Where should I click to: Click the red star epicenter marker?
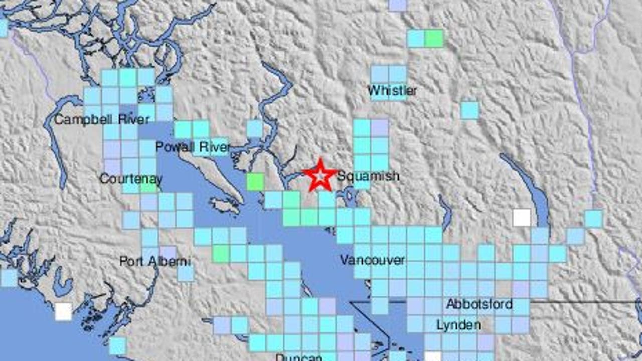point(319,175)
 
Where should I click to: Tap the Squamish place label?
point(368,176)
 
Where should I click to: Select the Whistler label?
point(392,91)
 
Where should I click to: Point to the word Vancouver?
point(372,260)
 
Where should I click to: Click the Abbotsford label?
point(479,304)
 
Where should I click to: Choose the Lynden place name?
point(458,325)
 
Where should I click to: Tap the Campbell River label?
point(101,119)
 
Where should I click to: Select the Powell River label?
point(193,147)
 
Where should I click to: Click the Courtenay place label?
point(130,178)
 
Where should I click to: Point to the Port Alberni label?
point(148,261)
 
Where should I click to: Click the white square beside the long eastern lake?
point(522,218)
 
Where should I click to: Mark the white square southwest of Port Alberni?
point(63,311)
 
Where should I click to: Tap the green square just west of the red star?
point(255,182)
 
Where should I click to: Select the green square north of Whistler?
point(434,39)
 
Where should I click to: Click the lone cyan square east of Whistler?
point(469,110)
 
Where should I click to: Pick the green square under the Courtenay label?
point(148,187)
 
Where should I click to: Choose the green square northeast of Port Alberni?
point(221,254)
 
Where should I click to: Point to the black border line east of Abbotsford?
point(582,302)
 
